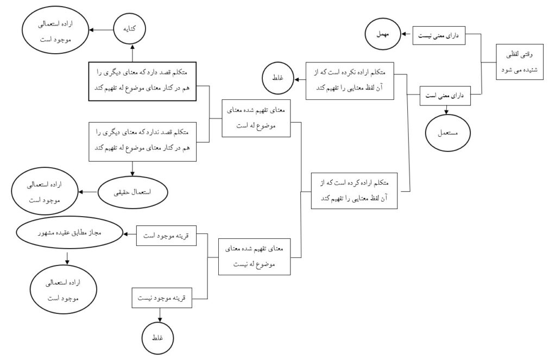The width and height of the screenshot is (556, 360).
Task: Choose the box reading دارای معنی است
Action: (445, 97)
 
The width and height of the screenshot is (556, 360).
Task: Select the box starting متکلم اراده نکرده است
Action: (350, 80)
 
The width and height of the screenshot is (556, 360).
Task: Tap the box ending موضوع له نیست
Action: (254, 257)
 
